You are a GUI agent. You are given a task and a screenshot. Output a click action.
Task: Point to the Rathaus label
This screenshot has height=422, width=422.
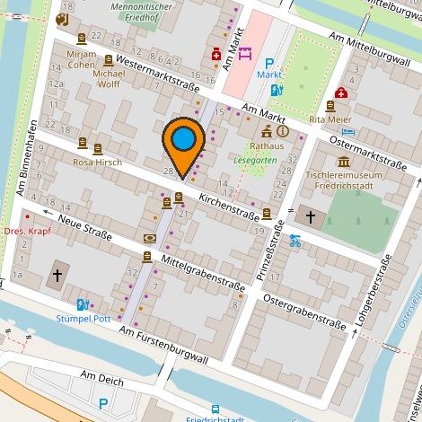tap(267, 145)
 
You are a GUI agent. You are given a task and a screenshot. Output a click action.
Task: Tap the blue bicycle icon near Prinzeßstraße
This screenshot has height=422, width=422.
tap(295, 240)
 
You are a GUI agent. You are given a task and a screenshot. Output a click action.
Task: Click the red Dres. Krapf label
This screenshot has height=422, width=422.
tap(27, 231)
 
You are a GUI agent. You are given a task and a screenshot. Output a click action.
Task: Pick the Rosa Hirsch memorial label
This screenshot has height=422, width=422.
tap(97, 162)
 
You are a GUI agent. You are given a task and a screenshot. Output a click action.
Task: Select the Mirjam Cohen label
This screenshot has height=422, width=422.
tap(81, 59)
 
